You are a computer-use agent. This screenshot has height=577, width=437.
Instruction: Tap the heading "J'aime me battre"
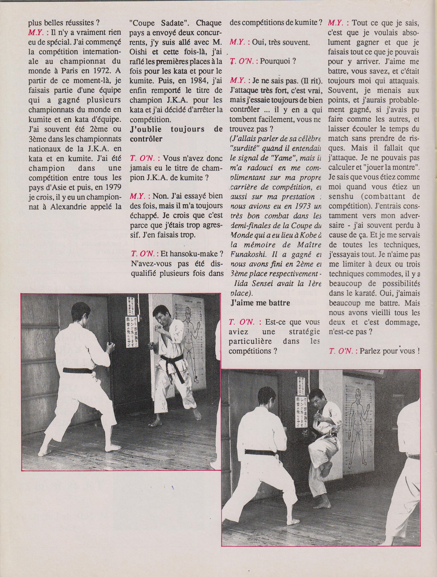(260, 303)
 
